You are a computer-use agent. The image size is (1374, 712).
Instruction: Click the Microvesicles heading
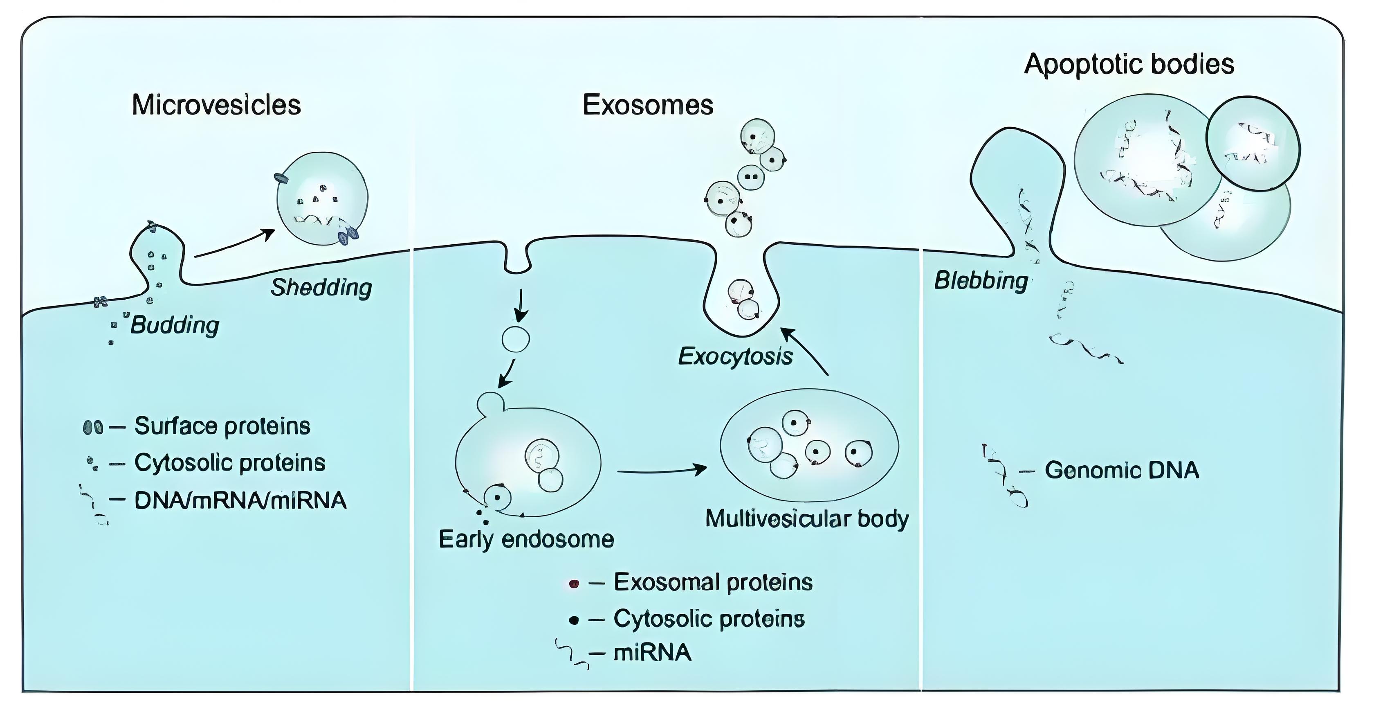(216, 105)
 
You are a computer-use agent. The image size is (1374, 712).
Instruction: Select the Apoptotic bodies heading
(1129, 65)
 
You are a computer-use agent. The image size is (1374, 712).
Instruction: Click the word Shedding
(321, 288)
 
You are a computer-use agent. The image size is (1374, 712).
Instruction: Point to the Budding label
(175, 325)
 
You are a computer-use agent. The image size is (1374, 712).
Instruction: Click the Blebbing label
(981, 281)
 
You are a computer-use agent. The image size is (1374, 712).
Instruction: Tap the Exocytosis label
(735, 356)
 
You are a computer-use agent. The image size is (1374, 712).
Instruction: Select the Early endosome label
(526, 540)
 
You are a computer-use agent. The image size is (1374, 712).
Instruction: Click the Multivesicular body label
(806, 519)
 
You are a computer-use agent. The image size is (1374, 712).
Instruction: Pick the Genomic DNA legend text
(1122, 470)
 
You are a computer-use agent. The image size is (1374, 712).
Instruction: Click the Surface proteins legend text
(222, 426)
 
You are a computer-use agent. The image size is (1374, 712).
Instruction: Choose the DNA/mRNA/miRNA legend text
(240, 500)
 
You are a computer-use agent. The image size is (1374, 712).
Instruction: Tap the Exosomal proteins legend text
(713, 582)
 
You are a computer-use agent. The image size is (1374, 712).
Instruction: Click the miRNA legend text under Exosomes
(652, 653)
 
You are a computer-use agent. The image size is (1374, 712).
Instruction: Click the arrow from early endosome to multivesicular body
(661, 470)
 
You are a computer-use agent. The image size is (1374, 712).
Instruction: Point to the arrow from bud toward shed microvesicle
(235, 244)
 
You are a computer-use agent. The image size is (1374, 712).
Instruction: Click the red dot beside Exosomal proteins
(574, 584)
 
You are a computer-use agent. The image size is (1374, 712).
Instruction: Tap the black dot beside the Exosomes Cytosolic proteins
(574, 620)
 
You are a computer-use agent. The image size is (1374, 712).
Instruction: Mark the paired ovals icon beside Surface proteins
(93, 427)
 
